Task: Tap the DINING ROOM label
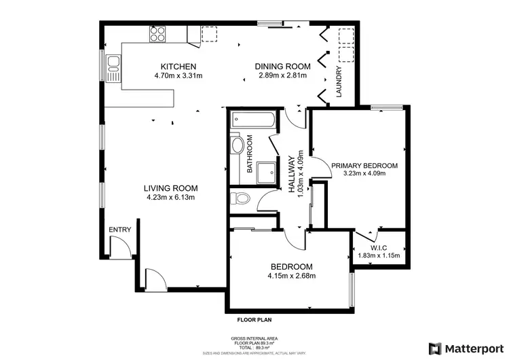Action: coord(282,66)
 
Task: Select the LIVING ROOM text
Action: coord(170,189)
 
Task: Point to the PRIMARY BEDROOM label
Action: coord(364,165)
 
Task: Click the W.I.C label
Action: coord(379,247)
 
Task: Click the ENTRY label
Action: coord(119,230)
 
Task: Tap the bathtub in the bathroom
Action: coord(252,122)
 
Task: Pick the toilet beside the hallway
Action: coord(239,198)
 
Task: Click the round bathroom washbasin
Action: coord(238,146)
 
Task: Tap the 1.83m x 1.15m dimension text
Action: coord(379,255)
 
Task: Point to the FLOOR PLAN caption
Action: coord(254,319)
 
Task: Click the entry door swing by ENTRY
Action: coord(121,249)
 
